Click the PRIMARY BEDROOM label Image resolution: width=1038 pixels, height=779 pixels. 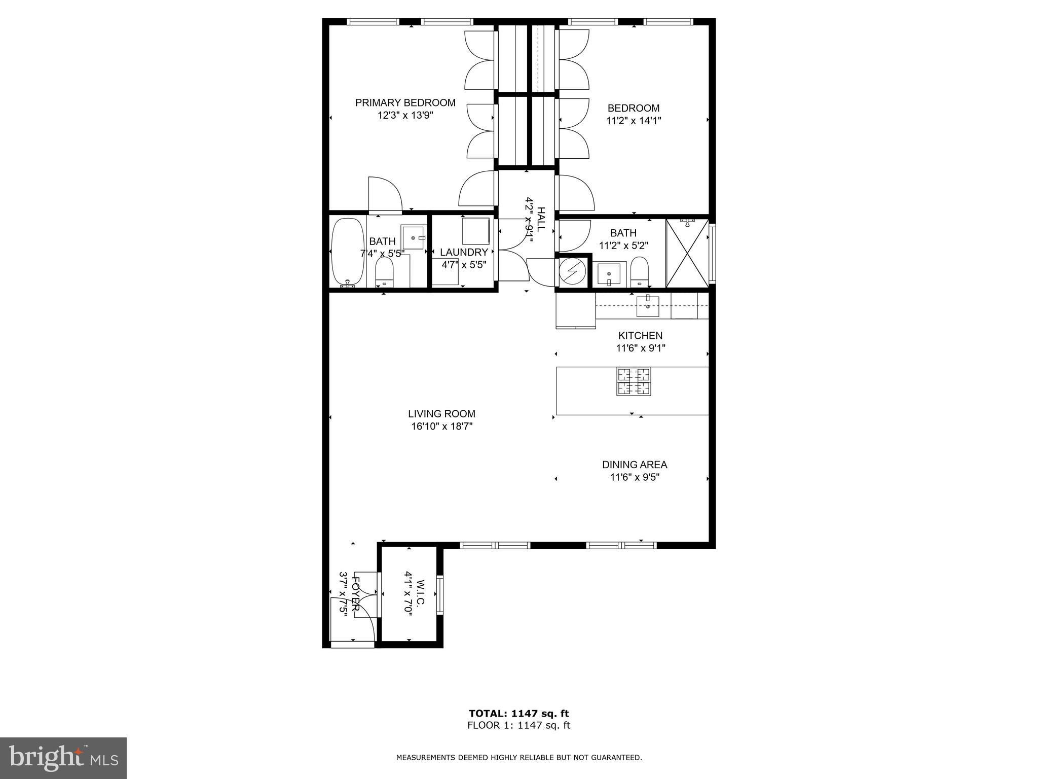click(405, 103)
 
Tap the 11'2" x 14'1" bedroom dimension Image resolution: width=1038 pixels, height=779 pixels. click(634, 121)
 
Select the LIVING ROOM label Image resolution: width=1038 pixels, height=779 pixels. click(441, 414)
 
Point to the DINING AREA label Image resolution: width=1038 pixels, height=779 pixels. click(635, 465)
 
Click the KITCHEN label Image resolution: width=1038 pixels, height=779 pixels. click(640, 336)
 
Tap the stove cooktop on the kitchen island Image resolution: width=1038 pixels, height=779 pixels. click(634, 382)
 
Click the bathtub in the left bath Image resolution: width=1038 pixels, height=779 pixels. click(347, 252)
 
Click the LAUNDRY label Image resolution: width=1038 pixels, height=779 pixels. click(464, 252)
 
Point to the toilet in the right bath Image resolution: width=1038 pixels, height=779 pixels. click(640, 272)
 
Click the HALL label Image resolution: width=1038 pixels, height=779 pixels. click(541, 219)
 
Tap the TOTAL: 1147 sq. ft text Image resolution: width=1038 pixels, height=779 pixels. click(519, 714)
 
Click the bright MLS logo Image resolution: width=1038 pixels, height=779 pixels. click(63, 757)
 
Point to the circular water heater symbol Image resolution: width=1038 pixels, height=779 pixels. click(574, 272)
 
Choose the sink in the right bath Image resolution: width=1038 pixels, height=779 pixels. click(608, 274)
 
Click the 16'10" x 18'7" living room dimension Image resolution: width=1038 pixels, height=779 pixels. click(442, 427)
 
